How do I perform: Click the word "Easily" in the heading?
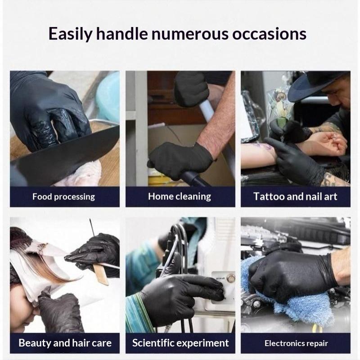pyautogui.click(x=71, y=34)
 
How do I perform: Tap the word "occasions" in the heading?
pyautogui.click(x=269, y=34)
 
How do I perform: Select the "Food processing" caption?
pyautogui.click(x=63, y=197)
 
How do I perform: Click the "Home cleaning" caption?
pyautogui.click(x=180, y=197)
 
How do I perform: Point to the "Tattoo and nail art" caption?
pyautogui.click(x=295, y=197)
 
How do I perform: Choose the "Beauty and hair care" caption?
pyautogui.click(x=65, y=343)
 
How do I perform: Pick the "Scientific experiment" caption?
pyautogui.click(x=180, y=343)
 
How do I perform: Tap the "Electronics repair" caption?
pyautogui.click(x=296, y=343)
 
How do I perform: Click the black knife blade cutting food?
pyautogui.click(x=67, y=154)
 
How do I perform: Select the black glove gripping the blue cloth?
pyautogui.click(x=292, y=274)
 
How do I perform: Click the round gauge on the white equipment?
pyautogui.click(x=230, y=278)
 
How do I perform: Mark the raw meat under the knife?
pyautogui.click(x=81, y=174)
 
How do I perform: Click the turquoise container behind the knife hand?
pyautogui.click(x=108, y=96)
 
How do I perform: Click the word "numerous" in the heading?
pyautogui.click(x=190, y=34)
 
